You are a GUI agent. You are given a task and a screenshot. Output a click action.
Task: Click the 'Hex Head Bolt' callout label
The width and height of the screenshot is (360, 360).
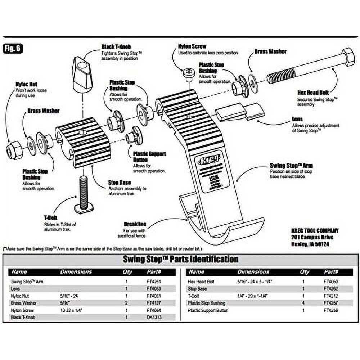[313, 93]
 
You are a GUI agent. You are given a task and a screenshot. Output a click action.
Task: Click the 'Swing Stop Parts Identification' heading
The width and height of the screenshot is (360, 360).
[180, 259]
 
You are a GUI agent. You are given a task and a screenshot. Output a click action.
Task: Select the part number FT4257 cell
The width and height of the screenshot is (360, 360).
[330, 303]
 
